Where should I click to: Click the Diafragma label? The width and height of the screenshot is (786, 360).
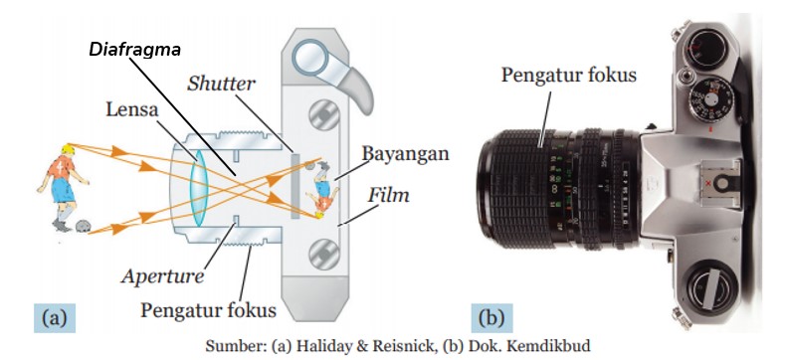[x=135, y=50]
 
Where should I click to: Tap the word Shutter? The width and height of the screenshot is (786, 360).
[x=221, y=85]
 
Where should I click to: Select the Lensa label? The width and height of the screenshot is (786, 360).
[x=132, y=109]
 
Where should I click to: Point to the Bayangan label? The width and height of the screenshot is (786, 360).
[x=406, y=153]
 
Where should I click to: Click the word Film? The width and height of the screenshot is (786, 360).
[x=388, y=195]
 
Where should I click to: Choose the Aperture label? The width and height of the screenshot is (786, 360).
[x=162, y=275]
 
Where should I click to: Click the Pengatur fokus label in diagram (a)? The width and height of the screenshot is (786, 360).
[x=208, y=310]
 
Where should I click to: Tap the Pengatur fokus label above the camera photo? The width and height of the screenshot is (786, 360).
[x=569, y=76]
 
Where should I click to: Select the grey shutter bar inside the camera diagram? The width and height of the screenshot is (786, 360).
[x=295, y=186]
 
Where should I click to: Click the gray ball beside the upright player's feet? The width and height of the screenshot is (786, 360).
[x=84, y=227]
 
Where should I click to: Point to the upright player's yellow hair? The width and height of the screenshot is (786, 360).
[x=67, y=149]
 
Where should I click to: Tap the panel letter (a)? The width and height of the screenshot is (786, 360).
[x=54, y=317]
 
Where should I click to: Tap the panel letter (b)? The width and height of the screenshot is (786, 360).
[x=491, y=317]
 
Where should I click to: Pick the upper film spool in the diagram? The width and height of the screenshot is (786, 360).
[x=324, y=116]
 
